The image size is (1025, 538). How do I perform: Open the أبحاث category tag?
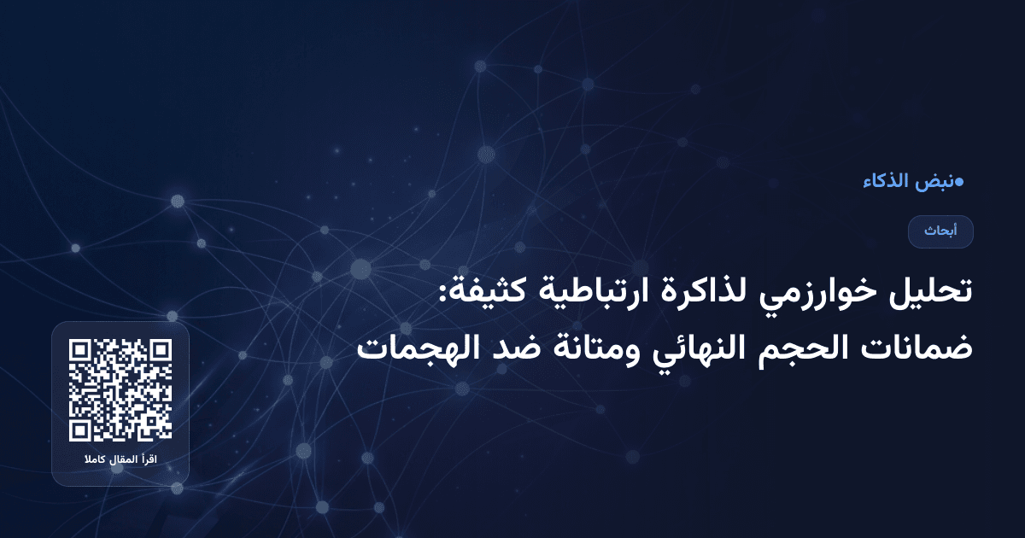coord(940,231)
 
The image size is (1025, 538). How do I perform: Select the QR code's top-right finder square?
coord(160,352)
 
